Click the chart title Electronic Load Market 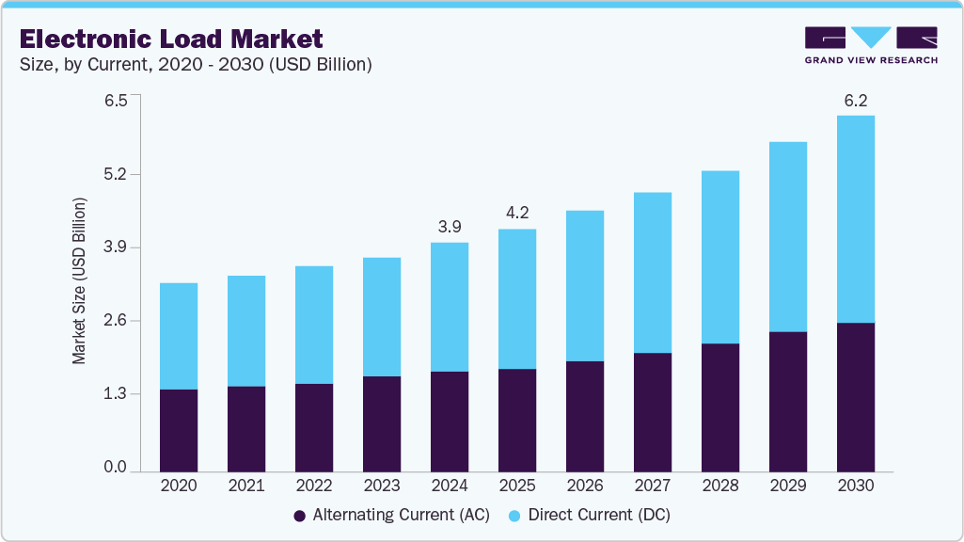click(x=170, y=39)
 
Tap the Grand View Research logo click(x=871, y=45)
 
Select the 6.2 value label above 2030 click(x=855, y=100)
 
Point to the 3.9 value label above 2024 click(x=449, y=227)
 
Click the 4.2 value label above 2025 click(x=516, y=213)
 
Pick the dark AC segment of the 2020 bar click(x=179, y=430)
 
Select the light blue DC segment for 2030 click(x=855, y=219)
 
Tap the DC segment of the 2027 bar click(x=652, y=273)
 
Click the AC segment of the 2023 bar click(x=381, y=423)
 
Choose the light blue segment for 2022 click(x=313, y=325)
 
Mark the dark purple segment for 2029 click(x=787, y=401)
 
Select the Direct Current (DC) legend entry click(x=589, y=516)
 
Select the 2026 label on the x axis click(x=584, y=486)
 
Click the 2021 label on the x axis click(x=245, y=486)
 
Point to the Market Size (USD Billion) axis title click(x=80, y=281)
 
